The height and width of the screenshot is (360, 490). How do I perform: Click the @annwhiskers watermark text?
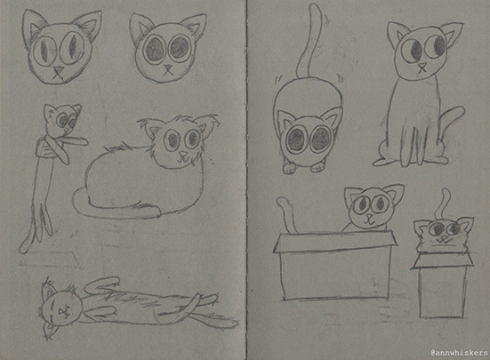[x=459, y=353]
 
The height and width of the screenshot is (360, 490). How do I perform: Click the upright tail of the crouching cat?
[x=309, y=42]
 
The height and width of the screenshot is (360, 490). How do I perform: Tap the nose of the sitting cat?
[x=422, y=66]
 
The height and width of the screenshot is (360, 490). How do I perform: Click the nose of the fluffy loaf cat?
[x=183, y=154]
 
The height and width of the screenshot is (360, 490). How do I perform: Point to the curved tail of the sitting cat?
[x=451, y=125]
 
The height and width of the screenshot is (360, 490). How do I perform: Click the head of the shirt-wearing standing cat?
[x=62, y=119]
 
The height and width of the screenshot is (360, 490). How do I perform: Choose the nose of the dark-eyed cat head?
[x=168, y=68]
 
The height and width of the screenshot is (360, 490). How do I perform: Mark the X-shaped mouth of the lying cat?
[x=64, y=311]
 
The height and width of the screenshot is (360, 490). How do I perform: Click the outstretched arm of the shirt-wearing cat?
[x=74, y=140]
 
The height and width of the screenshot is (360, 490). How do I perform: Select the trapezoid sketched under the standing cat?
[x=50, y=260]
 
